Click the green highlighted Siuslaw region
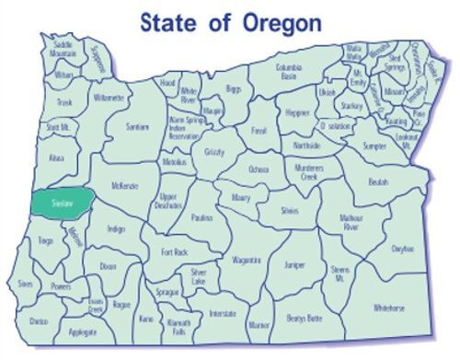pyautogui.click(x=62, y=202)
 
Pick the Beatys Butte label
pyautogui.click(x=305, y=318)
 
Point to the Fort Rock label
pyautogui.click(x=174, y=252)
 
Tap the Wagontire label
pyautogui.click(x=246, y=261)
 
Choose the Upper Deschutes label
pyautogui.click(x=168, y=202)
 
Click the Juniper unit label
pyautogui.click(x=294, y=264)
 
